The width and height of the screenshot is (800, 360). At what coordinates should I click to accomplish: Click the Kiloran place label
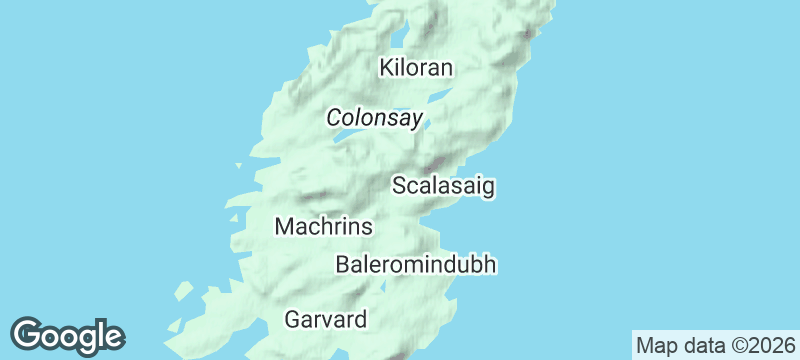(417, 68)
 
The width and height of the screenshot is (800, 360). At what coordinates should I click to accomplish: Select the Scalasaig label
(444, 186)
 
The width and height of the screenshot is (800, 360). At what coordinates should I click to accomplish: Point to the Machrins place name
(323, 227)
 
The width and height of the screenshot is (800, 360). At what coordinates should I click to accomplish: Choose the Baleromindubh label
(416, 265)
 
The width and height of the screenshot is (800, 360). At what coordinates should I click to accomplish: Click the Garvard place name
(326, 320)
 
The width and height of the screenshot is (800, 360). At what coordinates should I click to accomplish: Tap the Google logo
(67, 336)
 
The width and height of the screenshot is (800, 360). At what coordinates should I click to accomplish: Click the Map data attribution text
(715, 345)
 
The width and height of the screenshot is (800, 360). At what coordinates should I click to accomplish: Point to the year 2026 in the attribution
(772, 345)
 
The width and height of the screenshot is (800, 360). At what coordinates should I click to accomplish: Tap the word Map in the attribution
(655, 345)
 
